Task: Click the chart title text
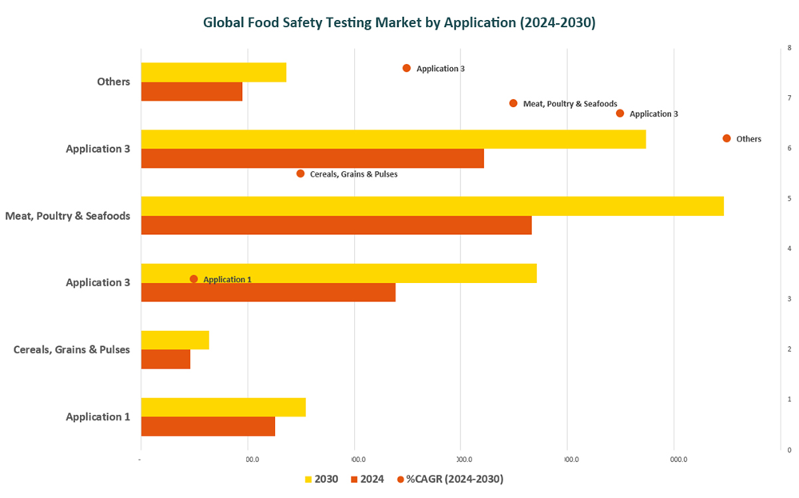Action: pyautogui.click(x=399, y=22)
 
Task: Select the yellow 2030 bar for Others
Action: pyautogui.click(x=213, y=72)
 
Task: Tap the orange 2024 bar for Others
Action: pyautogui.click(x=192, y=91)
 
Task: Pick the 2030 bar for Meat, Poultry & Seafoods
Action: pyautogui.click(x=431, y=206)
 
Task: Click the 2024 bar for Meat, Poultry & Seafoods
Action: pyautogui.click(x=336, y=225)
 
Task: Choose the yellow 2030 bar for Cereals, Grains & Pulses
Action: pyautogui.click(x=175, y=340)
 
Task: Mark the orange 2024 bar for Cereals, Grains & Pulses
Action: pyautogui.click(x=165, y=359)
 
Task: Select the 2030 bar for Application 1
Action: pyautogui.click(x=223, y=407)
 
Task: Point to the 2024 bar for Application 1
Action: pyautogui.click(x=208, y=426)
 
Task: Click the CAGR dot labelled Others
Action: pyautogui.click(x=726, y=138)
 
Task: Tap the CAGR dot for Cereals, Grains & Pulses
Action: pyautogui.click(x=300, y=173)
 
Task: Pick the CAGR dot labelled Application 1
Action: pyautogui.click(x=193, y=279)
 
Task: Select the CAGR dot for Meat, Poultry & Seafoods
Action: pyautogui.click(x=513, y=103)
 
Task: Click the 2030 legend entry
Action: pyautogui.click(x=321, y=479)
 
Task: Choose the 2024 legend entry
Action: pyautogui.click(x=367, y=479)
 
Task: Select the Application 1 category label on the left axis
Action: pyautogui.click(x=97, y=416)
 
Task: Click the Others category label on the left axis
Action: pyautogui.click(x=113, y=82)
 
